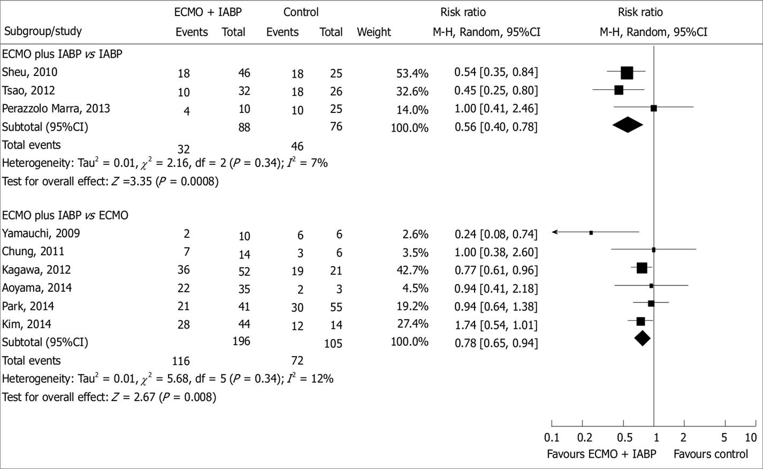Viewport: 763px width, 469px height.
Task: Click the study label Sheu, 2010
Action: pyautogui.click(x=29, y=72)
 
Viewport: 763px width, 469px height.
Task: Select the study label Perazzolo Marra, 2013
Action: pyautogui.click(x=56, y=109)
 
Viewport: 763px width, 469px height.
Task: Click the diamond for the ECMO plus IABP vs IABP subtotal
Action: pyautogui.click(x=627, y=125)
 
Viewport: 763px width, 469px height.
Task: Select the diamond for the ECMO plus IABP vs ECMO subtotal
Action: pyautogui.click(x=642, y=338)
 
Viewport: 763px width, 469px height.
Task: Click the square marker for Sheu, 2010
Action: pyautogui.click(x=627, y=73)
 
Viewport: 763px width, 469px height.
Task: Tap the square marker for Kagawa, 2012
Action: pyautogui.click(x=642, y=268)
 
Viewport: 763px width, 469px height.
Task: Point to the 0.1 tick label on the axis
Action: pyautogui.click(x=552, y=438)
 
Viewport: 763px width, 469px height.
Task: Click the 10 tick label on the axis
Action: pyautogui.click(x=751, y=438)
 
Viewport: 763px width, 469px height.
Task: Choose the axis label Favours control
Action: pyautogui.click(x=711, y=455)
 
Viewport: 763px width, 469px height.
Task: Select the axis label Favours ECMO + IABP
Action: pyautogui.click(x=601, y=455)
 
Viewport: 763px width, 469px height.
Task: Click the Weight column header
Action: pyautogui.click(x=374, y=32)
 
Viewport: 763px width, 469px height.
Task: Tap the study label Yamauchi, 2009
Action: pyautogui.click(x=41, y=233)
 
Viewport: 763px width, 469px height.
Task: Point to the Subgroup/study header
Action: pyautogui.click(x=43, y=31)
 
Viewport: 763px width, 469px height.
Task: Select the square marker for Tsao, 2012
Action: pyautogui.click(x=619, y=90)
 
